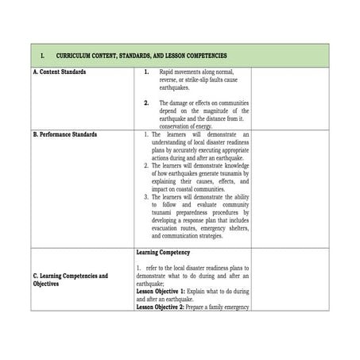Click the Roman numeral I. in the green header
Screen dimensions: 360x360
click(41, 56)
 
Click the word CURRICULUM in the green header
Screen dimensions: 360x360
click(75, 56)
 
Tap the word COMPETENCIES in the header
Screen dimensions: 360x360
click(207, 56)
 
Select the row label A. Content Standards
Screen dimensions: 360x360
click(60, 72)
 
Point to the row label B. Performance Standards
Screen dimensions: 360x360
click(66, 134)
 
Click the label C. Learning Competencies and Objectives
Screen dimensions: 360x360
click(71, 280)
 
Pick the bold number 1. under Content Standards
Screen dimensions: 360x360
click(146, 72)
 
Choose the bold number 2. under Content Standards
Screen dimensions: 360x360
click(146, 103)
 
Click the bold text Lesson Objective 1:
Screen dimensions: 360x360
click(161, 291)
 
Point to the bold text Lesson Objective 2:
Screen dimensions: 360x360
click(161, 306)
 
